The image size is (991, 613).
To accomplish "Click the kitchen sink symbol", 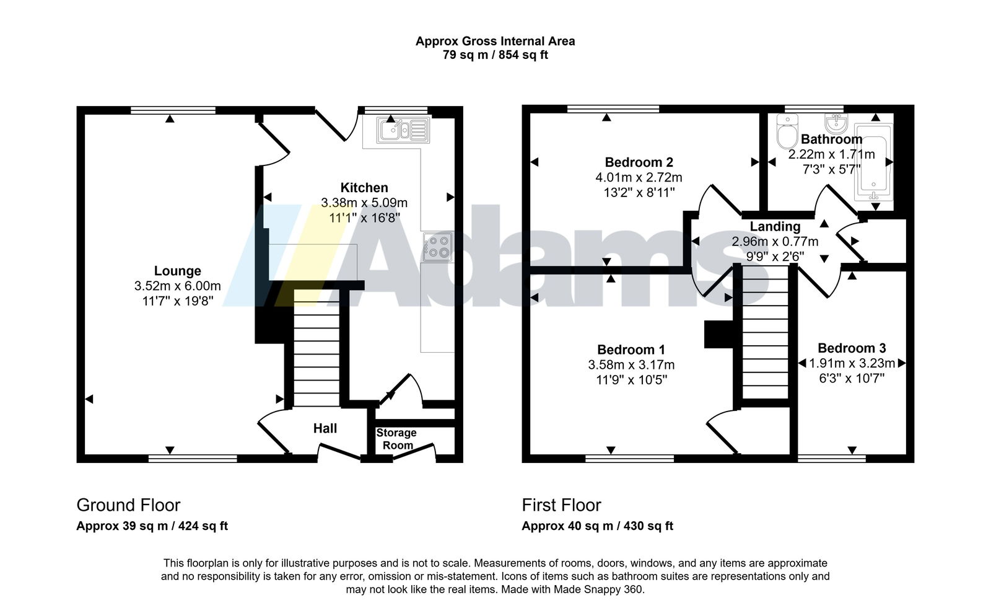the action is click(403, 130).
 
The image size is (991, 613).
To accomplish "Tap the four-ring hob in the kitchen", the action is click(437, 247).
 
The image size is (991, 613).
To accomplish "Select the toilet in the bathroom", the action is click(787, 131).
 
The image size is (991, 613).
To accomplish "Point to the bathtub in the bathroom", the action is click(874, 162).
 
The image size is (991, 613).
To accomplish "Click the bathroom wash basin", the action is click(836, 123).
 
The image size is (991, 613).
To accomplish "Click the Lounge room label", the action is click(177, 271).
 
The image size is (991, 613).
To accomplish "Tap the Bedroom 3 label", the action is click(852, 348).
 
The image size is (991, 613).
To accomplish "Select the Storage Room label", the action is click(397, 439).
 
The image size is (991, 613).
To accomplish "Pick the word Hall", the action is click(325, 428).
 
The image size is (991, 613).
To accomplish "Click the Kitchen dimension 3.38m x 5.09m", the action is click(364, 203).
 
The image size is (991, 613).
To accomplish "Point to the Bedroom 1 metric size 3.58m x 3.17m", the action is click(631, 364).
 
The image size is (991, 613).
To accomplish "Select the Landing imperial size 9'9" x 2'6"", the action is click(775, 256).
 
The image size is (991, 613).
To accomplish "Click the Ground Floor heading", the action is click(128, 505).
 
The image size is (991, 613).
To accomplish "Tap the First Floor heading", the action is click(561, 505).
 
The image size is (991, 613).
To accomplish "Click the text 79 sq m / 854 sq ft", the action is click(495, 55).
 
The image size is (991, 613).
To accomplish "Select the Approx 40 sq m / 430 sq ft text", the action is click(597, 526).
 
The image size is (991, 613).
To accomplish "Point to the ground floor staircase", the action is click(317, 348).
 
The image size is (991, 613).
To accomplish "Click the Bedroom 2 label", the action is click(639, 162).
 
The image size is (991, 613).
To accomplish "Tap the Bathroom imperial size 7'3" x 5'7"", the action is click(832, 169).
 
